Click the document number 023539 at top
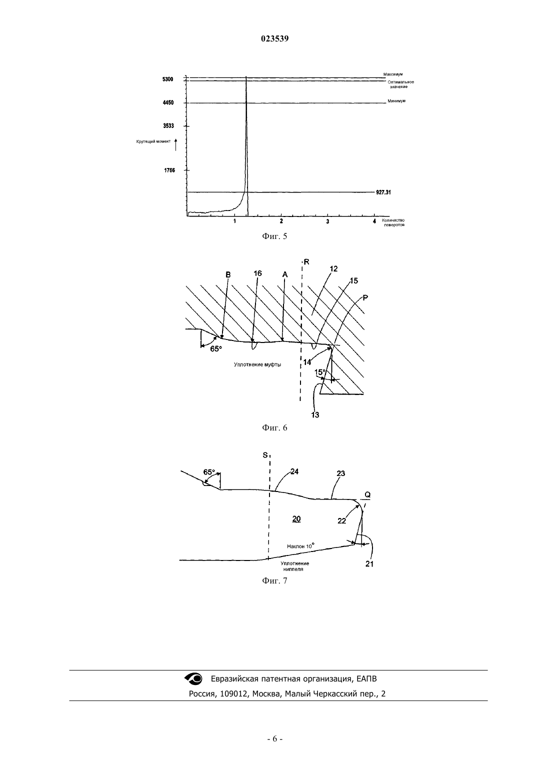tap(274, 38)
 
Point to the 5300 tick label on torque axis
tap(167, 79)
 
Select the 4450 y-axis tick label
tap(168, 103)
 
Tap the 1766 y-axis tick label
tap(169, 170)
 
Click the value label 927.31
tap(383, 192)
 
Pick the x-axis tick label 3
tap(327, 221)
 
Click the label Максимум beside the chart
tap(393, 74)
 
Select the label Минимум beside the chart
tap(396, 100)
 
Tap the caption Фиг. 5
tap(274, 236)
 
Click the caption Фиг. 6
tap(274, 428)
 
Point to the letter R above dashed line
tap(306, 262)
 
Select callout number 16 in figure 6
tap(257, 273)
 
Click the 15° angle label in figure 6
tap(320, 372)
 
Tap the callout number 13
tap(315, 414)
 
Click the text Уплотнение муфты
tap(257, 364)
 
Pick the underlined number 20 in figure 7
tap(296, 519)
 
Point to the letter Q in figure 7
tap(367, 495)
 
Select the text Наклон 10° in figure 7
tap(300, 546)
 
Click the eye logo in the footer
tap(193, 678)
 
